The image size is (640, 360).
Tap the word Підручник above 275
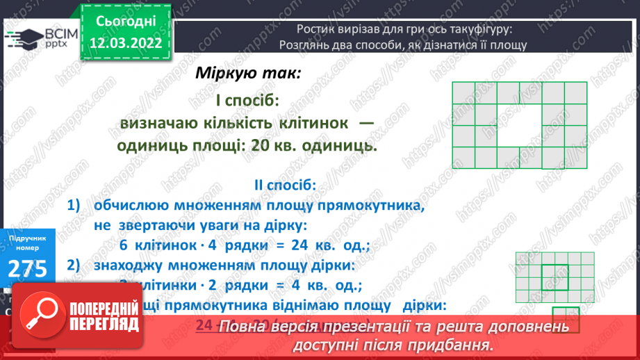click(28, 238)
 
